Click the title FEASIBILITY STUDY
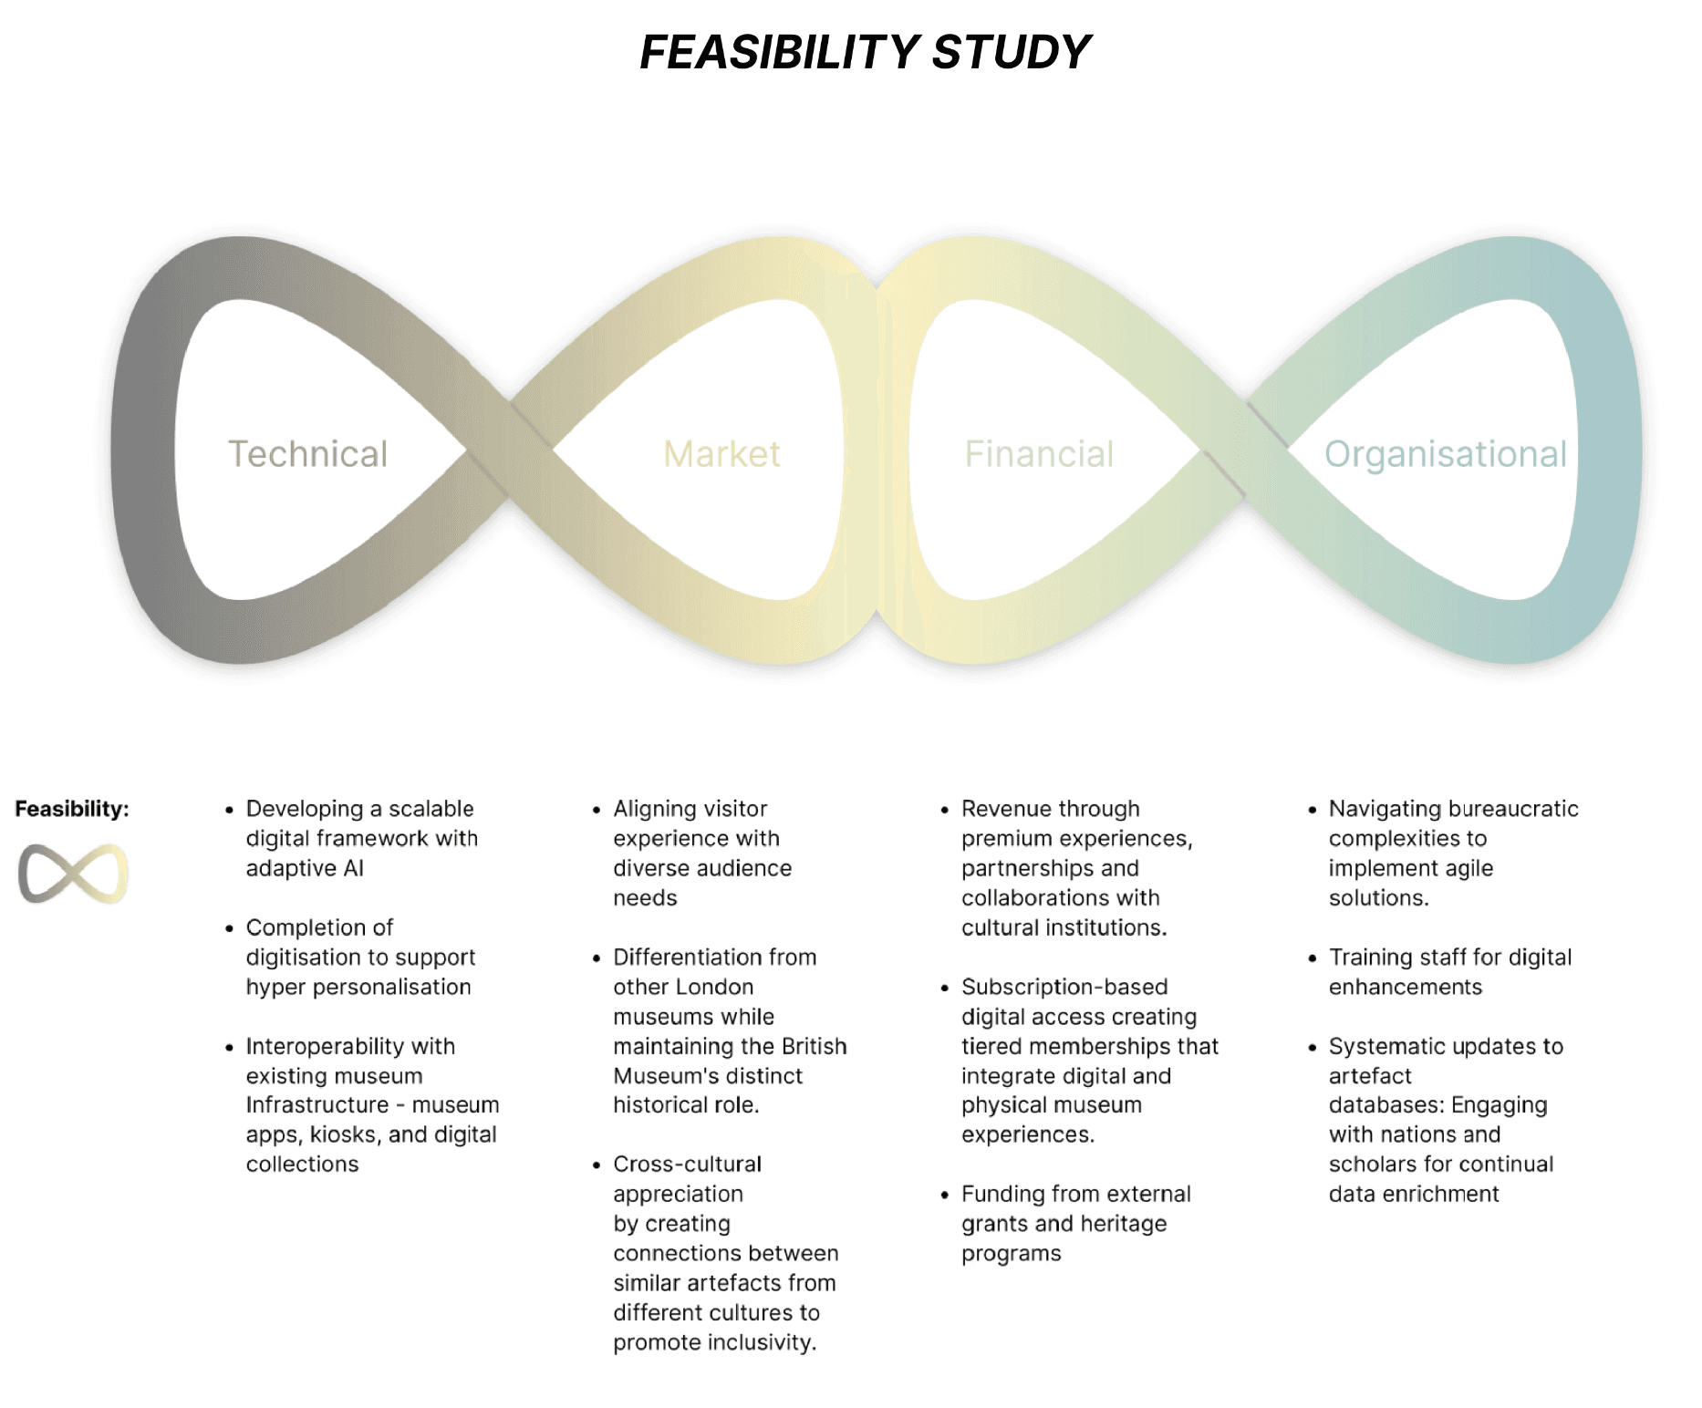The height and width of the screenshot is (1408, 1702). [865, 52]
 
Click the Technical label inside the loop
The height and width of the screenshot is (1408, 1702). [307, 454]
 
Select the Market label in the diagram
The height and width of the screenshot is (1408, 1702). [721, 454]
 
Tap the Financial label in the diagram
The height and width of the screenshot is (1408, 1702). [1039, 454]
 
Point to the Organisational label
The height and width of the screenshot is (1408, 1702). [1445, 454]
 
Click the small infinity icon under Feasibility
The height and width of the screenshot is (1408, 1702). [73, 874]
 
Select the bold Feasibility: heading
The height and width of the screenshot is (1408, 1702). [72, 809]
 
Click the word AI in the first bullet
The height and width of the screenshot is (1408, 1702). [353, 868]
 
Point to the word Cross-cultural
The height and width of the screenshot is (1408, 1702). [687, 1165]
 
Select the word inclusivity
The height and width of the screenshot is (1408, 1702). [762, 1342]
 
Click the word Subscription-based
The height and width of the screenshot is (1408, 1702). [1064, 987]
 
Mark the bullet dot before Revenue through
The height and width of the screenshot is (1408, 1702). [945, 810]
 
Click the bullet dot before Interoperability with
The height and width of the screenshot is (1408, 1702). [230, 1047]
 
